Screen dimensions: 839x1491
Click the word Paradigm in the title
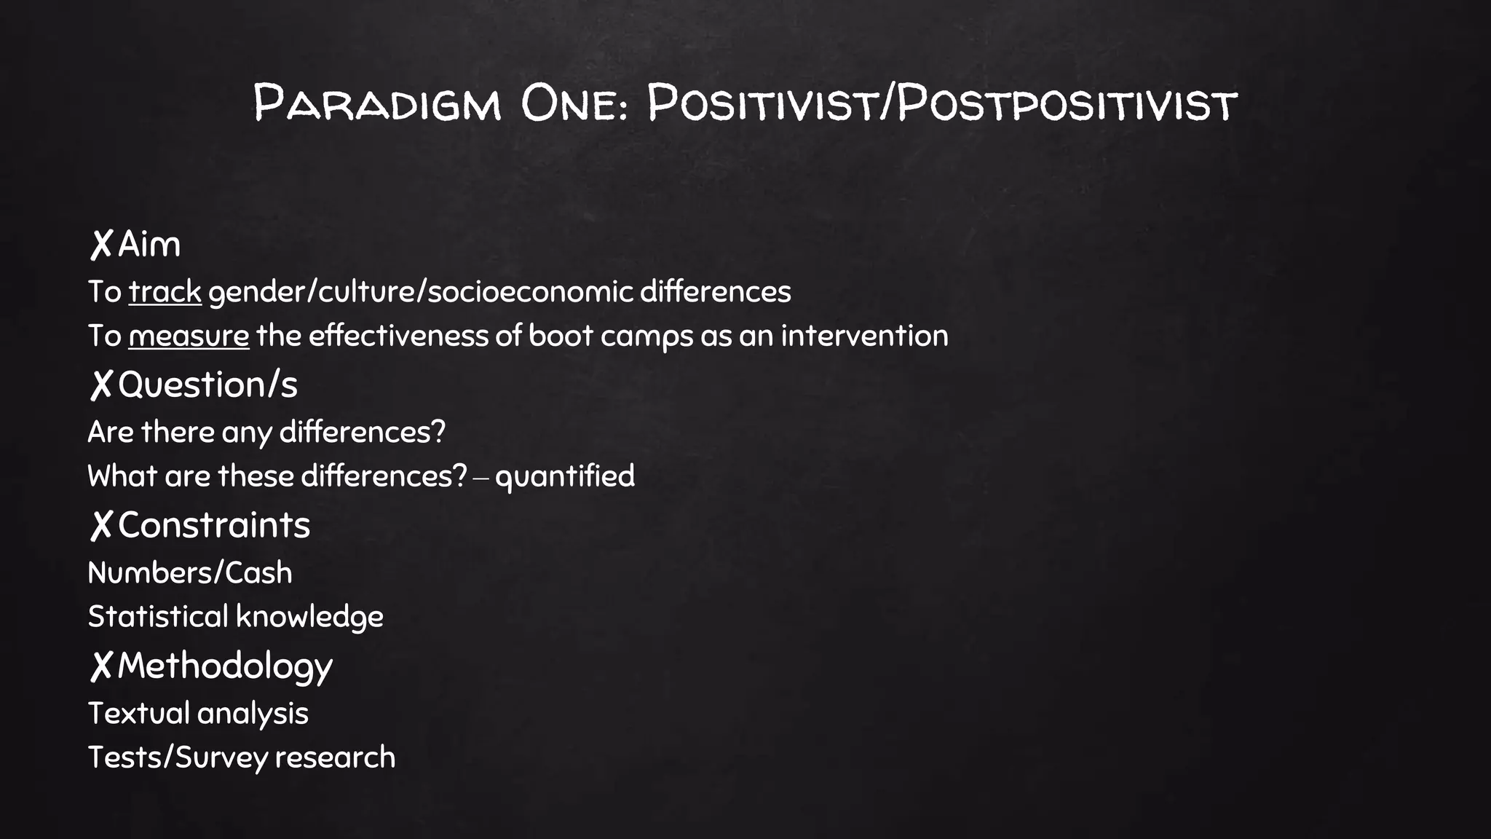[x=377, y=103]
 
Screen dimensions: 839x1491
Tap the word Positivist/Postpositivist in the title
[x=942, y=103]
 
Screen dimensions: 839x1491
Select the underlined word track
[x=165, y=292]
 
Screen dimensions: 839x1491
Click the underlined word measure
[x=189, y=336]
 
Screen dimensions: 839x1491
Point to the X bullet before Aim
[x=101, y=244]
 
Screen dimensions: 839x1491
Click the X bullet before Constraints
[x=101, y=525]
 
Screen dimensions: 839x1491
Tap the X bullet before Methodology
[x=101, y=666]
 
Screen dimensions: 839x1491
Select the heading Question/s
[x=207, y=385]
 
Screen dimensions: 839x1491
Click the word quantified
[x=564, y=476]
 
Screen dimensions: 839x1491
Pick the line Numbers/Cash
[x=190, y=573]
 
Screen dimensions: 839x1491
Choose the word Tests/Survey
[x=178, y=757]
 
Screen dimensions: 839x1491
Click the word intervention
[x=864, y=336]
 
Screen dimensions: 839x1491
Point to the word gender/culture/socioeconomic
[x=421, y=292]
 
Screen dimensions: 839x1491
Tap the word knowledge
[x=309, y=617]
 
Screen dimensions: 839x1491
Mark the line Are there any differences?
[x=266, y=433]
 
